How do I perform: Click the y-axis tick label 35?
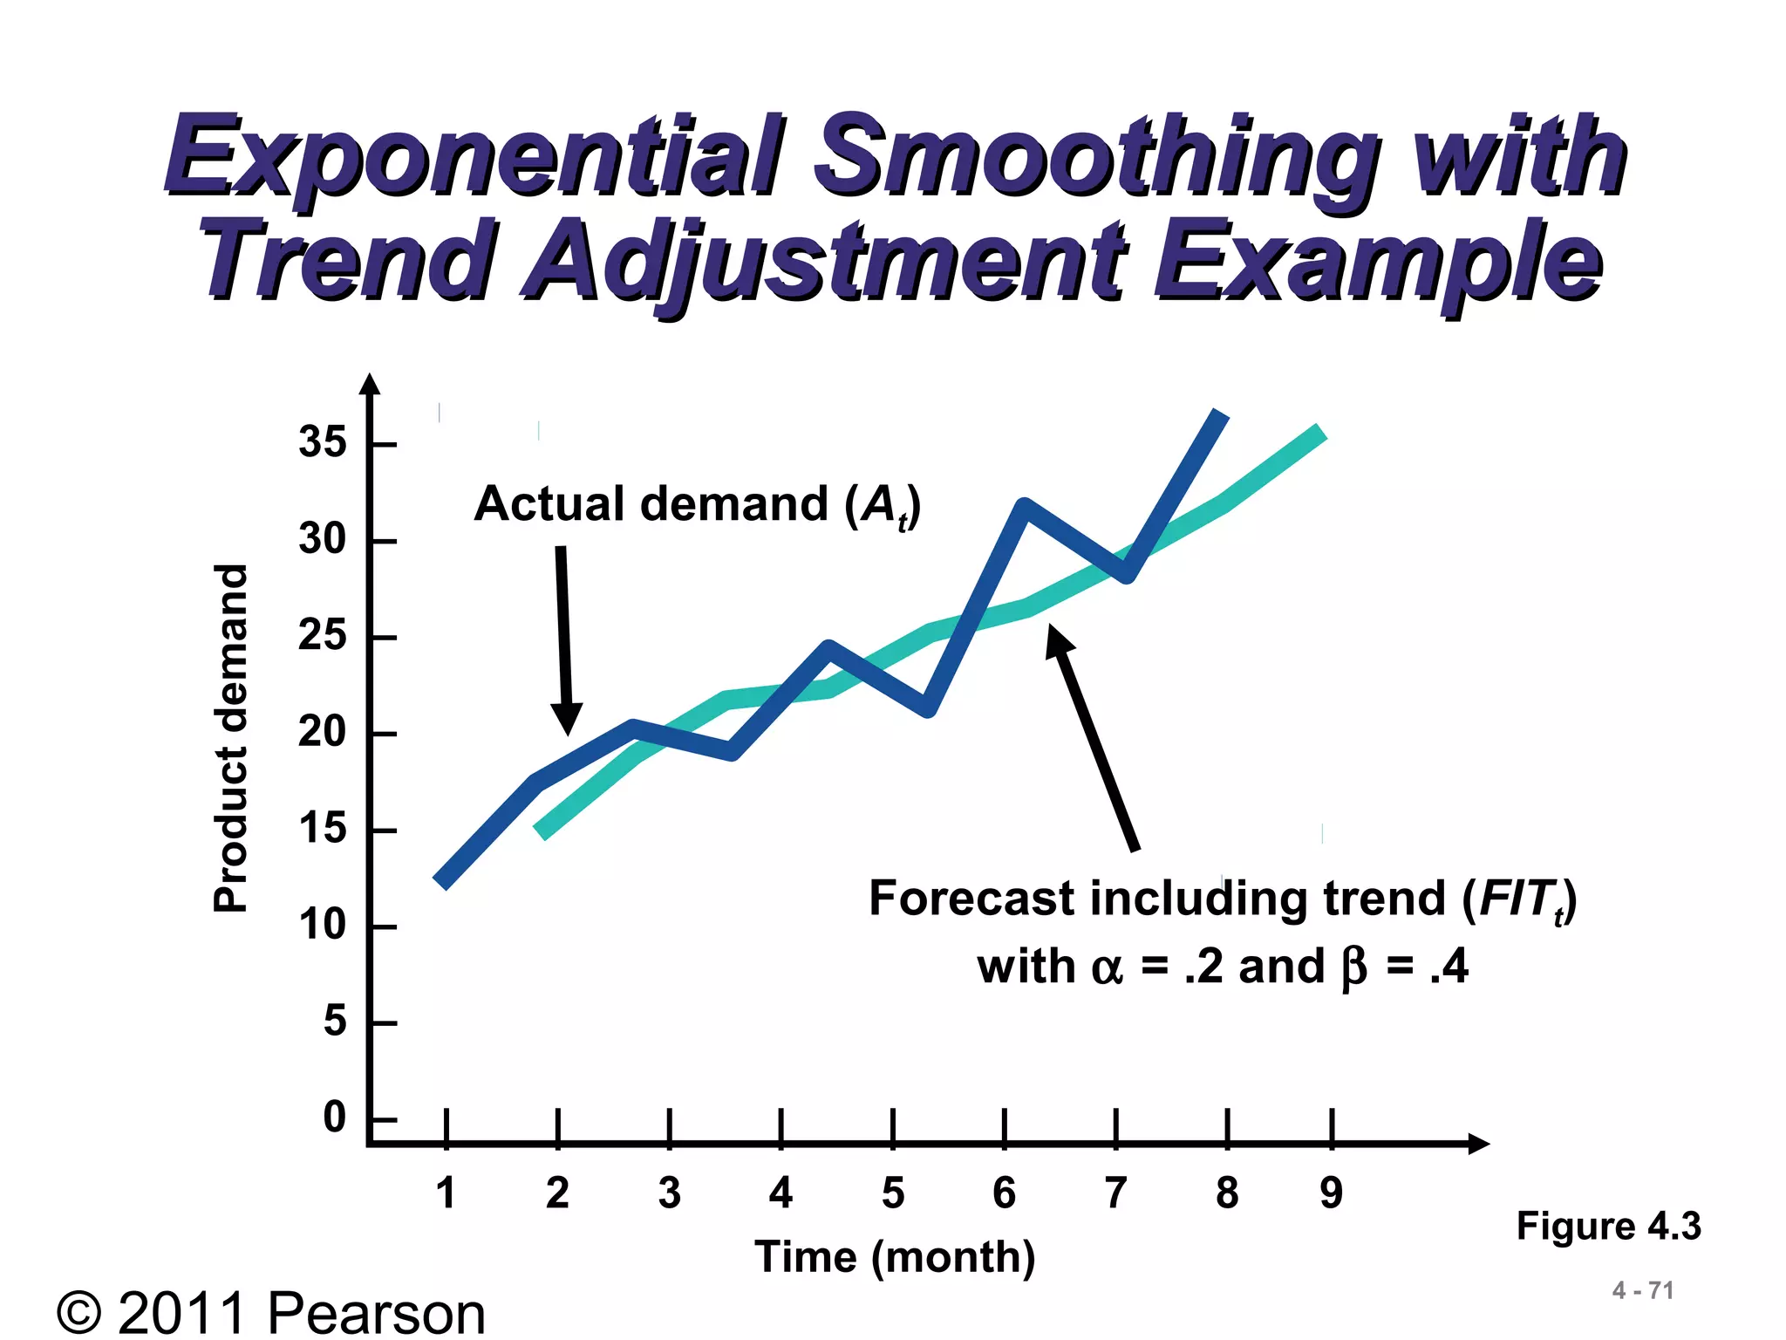(322, 442)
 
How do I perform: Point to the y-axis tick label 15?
(322, 829)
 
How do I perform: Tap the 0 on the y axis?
(335, 1118)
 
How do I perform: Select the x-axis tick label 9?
(1331, 1193)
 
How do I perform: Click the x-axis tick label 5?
(893, 1193)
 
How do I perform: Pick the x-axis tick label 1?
(446, 1193)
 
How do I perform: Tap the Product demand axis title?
(231, 738)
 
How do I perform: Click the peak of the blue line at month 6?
(1025, 506)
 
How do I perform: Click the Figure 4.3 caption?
(1608, 1226)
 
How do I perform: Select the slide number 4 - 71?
(1643, 1290)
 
